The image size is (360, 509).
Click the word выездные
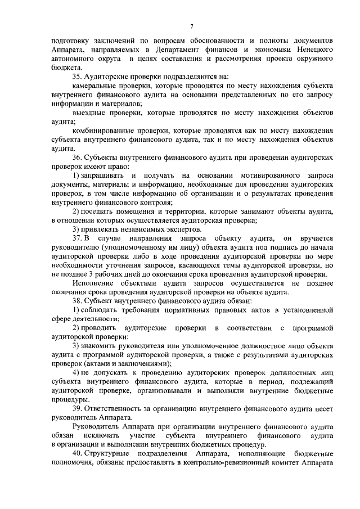click(x=89, y=112)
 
